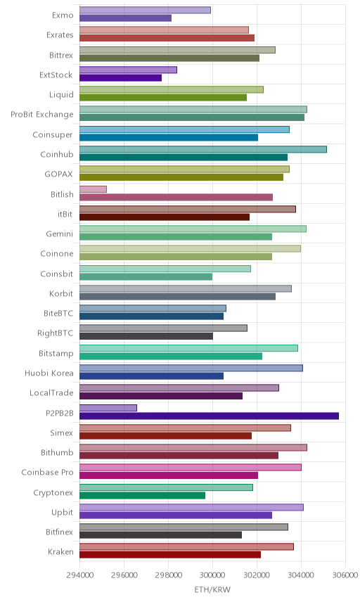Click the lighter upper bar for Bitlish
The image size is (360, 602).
93,189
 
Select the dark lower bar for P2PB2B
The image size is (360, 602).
209,416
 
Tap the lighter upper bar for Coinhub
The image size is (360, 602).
203,149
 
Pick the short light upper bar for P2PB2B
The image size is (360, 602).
108,408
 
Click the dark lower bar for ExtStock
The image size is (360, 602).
120,78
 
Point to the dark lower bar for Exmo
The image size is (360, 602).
125,18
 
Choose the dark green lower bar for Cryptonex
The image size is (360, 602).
143,495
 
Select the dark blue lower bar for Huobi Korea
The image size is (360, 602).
152,376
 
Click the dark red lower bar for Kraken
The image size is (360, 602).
170,555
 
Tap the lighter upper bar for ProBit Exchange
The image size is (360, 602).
193,110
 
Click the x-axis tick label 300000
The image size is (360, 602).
212,575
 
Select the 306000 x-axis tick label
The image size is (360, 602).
345,575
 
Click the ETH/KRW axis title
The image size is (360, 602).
212,590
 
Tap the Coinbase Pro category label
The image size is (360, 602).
47,472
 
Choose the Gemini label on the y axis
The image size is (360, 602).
60,233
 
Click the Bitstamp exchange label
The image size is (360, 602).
56,353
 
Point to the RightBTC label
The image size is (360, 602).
56,333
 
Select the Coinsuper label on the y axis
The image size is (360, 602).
53,135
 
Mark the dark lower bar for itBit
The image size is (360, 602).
165,217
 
